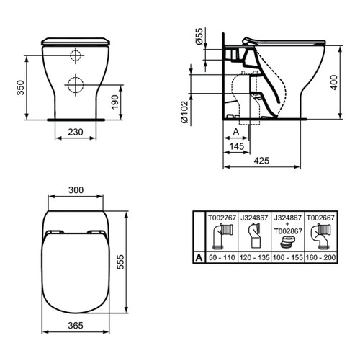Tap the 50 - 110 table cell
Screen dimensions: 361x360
pos(222,256)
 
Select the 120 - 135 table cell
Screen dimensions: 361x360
pos(254,256)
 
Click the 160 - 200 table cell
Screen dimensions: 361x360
pos(320,256)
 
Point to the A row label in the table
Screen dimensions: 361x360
pos(199,256)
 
